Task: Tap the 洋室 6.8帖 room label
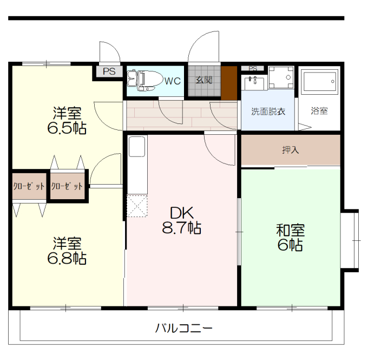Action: pyautogui.click(x=68, y=250)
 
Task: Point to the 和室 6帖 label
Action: pyautogui.click(x=291, y=237)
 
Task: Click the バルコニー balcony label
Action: pyautogui.click(x=183, y=328)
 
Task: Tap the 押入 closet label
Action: pyautogui.click(x=291, y=150)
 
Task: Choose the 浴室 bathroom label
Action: pyautogui.click(x=319, y=112)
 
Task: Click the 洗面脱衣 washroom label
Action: pyautogui.click(x=268, y=112)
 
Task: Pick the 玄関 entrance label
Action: pyautogui.click(x=204, y=81)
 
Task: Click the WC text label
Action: pyautogui.click(x=172, y=82)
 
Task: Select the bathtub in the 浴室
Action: pyautogui.click(x=320, y=82)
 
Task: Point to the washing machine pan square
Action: pyautogui.click(x=281, y=77)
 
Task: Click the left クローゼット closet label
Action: pyautogui.click(x=29, y=186)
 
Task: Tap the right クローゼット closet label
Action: pyautogui.click(x=67, y=186)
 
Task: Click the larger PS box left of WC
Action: pyautogui.click(x=109, y=71)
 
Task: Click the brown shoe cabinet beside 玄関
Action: pyautogui.click(x=229, y=82)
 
